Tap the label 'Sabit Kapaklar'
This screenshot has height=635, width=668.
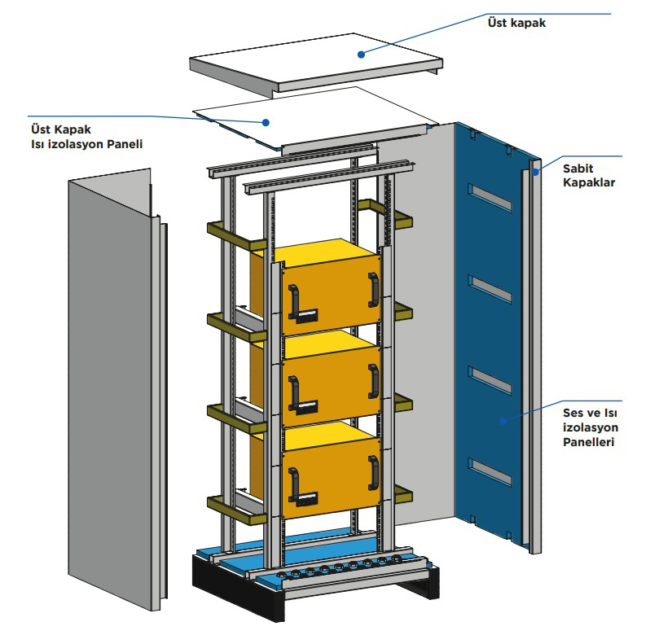pos(588,175)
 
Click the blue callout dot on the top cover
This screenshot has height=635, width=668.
pos(359,54)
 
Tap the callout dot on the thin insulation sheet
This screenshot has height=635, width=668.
pos(266,122)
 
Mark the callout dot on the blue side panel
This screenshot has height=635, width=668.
pos(503,421)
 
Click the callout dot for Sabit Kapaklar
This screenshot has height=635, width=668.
pos(535,171)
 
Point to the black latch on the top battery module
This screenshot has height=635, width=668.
pos(306,314)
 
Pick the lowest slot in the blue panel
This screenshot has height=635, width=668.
pos(491,472)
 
